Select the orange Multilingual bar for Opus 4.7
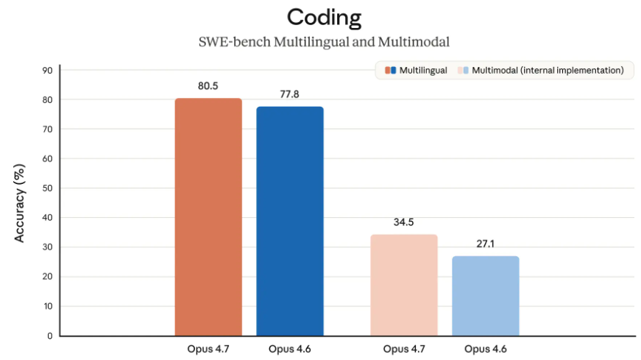coord(208,217)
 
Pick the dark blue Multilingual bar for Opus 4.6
coord(289,221)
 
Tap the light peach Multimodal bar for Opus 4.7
coord(404,285)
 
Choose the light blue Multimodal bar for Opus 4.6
coord(485,296)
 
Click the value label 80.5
coord(208,86)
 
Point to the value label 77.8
coord(289,94)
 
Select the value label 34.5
coord(404,222)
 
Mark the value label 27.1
coord(485,244)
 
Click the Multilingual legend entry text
coord(423,71)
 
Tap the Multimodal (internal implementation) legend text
coord(548,71)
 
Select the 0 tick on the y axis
coord(50,336)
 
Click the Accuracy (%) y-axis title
coord(21,202)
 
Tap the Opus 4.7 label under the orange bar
coord(208,349)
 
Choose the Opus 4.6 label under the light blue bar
coord(485,349)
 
